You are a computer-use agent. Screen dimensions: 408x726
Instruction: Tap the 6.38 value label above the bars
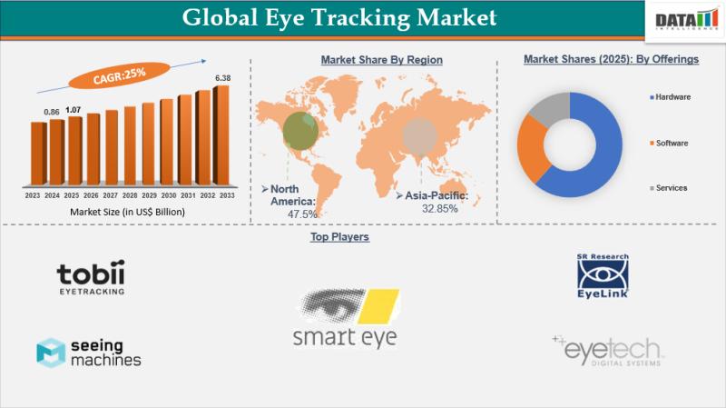[x=222, y=78]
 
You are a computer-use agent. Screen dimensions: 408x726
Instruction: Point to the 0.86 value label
[x=53, y=112]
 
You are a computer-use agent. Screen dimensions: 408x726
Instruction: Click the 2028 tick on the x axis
[x=131, y=194]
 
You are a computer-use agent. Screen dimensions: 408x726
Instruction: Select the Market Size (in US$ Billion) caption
[x=127, y=212]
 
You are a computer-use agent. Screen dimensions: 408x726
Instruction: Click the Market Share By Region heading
[x=381, y=60]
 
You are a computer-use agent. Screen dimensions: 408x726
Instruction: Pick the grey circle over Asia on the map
[x=419, y=137]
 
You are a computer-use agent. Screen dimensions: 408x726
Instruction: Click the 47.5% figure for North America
[x=302, y=214]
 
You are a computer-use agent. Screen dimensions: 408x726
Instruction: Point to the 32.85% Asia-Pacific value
[x=439, y=208]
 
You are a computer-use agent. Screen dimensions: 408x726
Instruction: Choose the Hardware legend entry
[x=672, y=96]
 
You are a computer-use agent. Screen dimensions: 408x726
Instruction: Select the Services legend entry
[x=670, y=188]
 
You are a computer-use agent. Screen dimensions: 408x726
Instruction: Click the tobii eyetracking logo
[x=90, y=278]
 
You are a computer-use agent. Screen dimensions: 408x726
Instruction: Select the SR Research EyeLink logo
[x=603, y=275]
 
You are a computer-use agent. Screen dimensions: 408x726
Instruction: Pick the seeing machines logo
[x=89, y=353]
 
